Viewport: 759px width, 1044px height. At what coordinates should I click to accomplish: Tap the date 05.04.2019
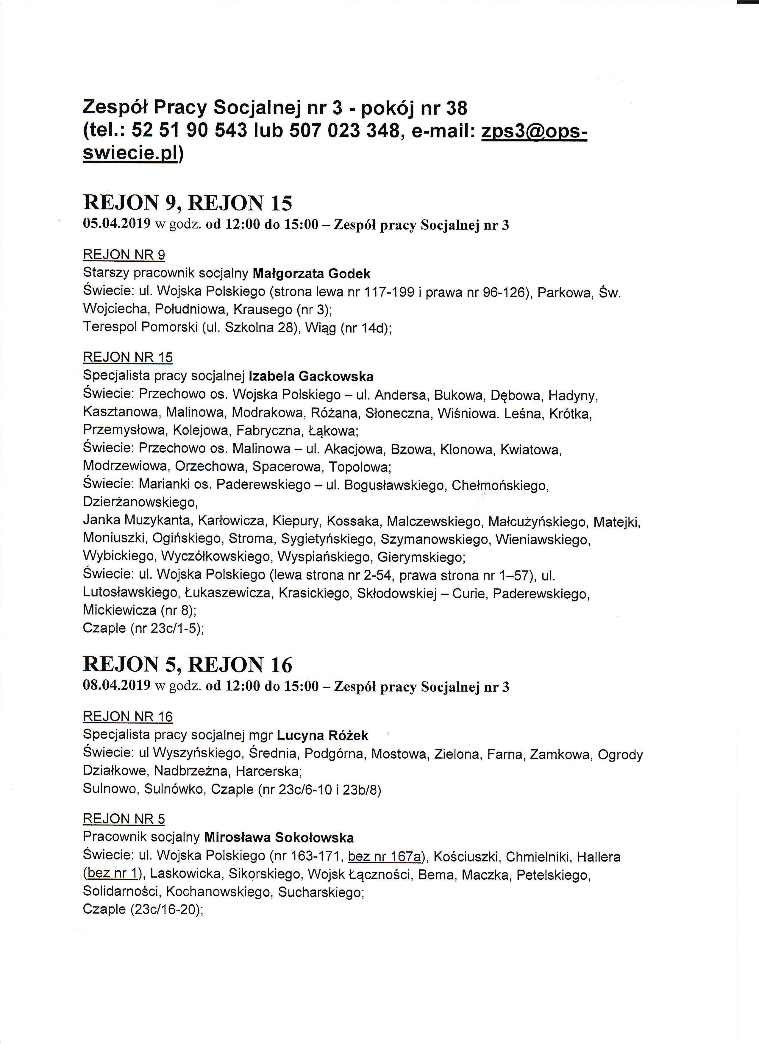pyautogui.click(x=117, y=225)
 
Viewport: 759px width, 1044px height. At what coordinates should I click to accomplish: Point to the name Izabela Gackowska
pyautogui.click(x=311, y=377)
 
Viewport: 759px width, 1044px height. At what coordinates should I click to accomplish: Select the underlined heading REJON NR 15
pyautogui.click(x=127, y=357)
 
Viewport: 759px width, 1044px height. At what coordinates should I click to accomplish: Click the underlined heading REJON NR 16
pyautogui.click(x=127, y=717)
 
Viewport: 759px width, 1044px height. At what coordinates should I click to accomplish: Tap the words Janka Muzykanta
pyautogui.click(x=137, y=521)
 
